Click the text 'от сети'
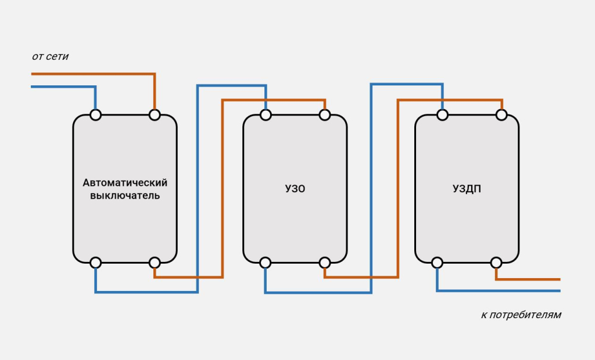(51, 57)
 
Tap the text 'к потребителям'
(521, 315)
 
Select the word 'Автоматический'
(125, 182)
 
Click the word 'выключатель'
(125, 196)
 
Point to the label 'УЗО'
(295, 189)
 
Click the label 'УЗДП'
(467, 189)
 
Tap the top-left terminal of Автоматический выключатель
(96, 115)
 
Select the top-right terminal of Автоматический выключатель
(155, 115)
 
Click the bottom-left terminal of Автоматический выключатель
(96, 262)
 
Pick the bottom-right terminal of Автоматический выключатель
(155, 262)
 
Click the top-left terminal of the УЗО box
(266, 115)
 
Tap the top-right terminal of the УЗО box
(324, 115)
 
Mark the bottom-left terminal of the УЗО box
(266, 262)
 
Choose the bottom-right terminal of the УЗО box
(324, 262)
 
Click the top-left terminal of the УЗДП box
(442, 115)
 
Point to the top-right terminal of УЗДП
(501, 115)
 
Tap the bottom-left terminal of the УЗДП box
(437, 262)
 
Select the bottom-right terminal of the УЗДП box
(496, 262)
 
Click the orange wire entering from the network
(87, 74)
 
